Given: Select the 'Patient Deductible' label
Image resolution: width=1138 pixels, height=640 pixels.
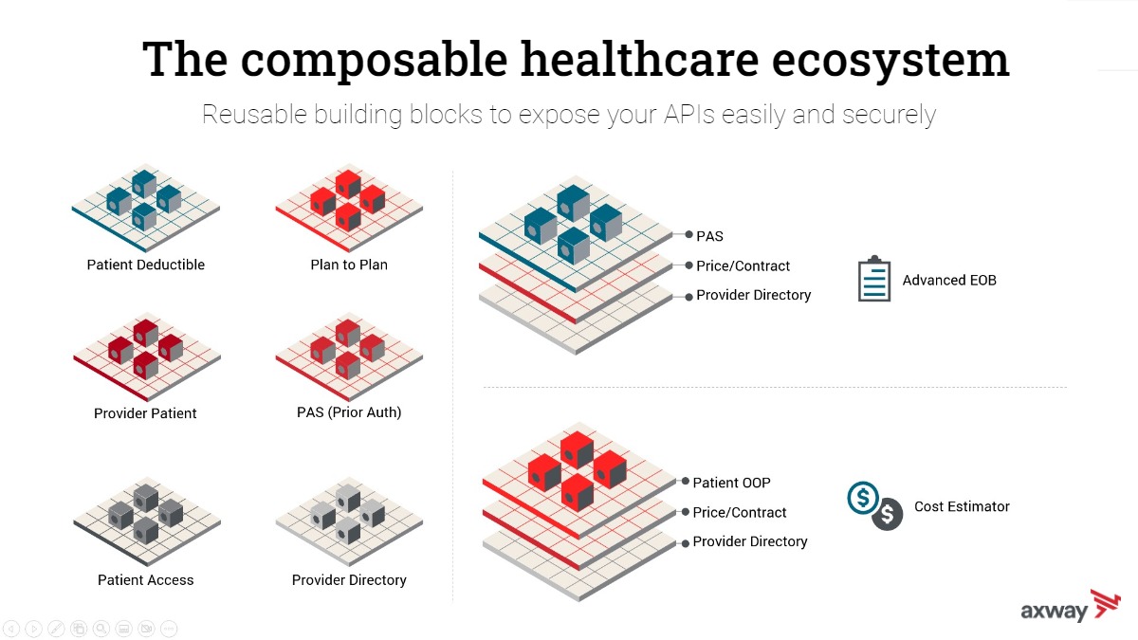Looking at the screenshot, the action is point(146,265).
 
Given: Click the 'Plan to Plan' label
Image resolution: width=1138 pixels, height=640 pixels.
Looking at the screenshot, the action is point(349,265).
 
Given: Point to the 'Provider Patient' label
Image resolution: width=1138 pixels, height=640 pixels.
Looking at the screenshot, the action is point(145,413).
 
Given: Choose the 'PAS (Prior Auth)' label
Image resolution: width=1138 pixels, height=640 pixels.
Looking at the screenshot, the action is point(349,411).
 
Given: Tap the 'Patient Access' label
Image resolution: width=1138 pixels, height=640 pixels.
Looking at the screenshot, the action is point(146,579).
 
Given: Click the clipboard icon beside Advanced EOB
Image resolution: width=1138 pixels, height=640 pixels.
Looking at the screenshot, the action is point(874,279).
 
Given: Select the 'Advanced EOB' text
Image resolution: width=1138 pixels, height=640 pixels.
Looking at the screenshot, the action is point(949,280).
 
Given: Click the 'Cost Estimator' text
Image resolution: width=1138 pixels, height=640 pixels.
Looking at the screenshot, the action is point(962,506).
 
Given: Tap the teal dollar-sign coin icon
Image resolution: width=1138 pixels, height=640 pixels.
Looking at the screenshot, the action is point(863,498).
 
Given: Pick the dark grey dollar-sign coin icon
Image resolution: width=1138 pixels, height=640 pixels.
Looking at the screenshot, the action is point(887,515).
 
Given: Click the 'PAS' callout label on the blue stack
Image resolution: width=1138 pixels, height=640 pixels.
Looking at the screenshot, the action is point(709,236).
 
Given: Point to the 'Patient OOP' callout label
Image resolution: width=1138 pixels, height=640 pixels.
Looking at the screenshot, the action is point(731,483).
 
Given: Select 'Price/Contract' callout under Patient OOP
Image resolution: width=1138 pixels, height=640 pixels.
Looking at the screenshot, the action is point(739,512).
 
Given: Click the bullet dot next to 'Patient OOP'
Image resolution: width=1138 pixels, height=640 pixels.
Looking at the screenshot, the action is point(686,481).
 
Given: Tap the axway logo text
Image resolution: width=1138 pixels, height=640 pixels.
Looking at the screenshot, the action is point(1055,611).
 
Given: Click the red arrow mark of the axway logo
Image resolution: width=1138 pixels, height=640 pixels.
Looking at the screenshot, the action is point(1106,603).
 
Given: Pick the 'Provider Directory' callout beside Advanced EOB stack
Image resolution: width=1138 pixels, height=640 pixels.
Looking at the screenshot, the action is point(753,295).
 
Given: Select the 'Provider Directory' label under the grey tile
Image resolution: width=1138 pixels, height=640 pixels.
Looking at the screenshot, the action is point(349,579).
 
